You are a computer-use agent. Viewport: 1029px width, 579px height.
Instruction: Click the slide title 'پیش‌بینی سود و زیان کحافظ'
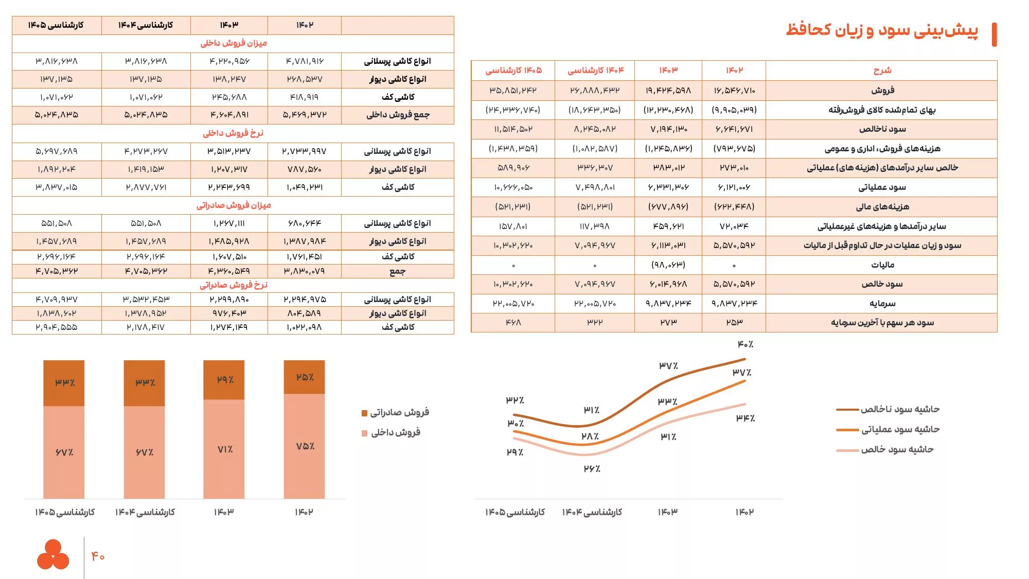pos(881,30)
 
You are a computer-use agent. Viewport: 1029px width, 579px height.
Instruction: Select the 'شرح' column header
pos(882,71)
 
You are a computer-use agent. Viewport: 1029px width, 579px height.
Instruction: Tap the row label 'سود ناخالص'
pos(882,129)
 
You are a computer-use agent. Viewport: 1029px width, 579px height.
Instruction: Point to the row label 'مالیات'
pos(882,265)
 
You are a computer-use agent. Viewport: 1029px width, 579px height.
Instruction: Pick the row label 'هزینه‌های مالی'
pos(882,207)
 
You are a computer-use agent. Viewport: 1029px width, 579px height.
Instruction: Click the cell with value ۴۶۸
pos(513,323)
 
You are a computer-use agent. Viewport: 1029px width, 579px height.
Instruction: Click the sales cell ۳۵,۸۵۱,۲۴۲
pos(513,91)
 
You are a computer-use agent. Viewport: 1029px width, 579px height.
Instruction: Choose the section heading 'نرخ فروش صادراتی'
pos(234,285)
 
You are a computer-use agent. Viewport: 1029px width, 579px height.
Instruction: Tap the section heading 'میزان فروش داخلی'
pos(234,43)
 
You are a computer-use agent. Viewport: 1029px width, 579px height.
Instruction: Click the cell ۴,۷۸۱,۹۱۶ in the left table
pos(305,61)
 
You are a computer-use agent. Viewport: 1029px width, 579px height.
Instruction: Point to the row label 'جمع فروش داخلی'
pos(398,115)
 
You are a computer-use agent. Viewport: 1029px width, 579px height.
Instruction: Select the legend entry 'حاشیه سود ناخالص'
pos(900,409)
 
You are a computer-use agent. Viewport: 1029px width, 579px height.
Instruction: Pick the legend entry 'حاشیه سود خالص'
pos(897,450)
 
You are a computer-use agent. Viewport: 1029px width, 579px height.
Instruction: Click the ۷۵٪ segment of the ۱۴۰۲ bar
pos(305,446)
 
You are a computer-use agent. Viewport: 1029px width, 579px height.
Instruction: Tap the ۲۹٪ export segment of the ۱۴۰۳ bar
pos(224,380)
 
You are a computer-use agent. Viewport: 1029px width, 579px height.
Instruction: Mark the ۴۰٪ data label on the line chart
pos(745,344)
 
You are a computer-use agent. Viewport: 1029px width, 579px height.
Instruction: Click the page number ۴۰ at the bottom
pos(98,556)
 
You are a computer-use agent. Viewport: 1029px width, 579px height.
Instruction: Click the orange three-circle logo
pos(53,554)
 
